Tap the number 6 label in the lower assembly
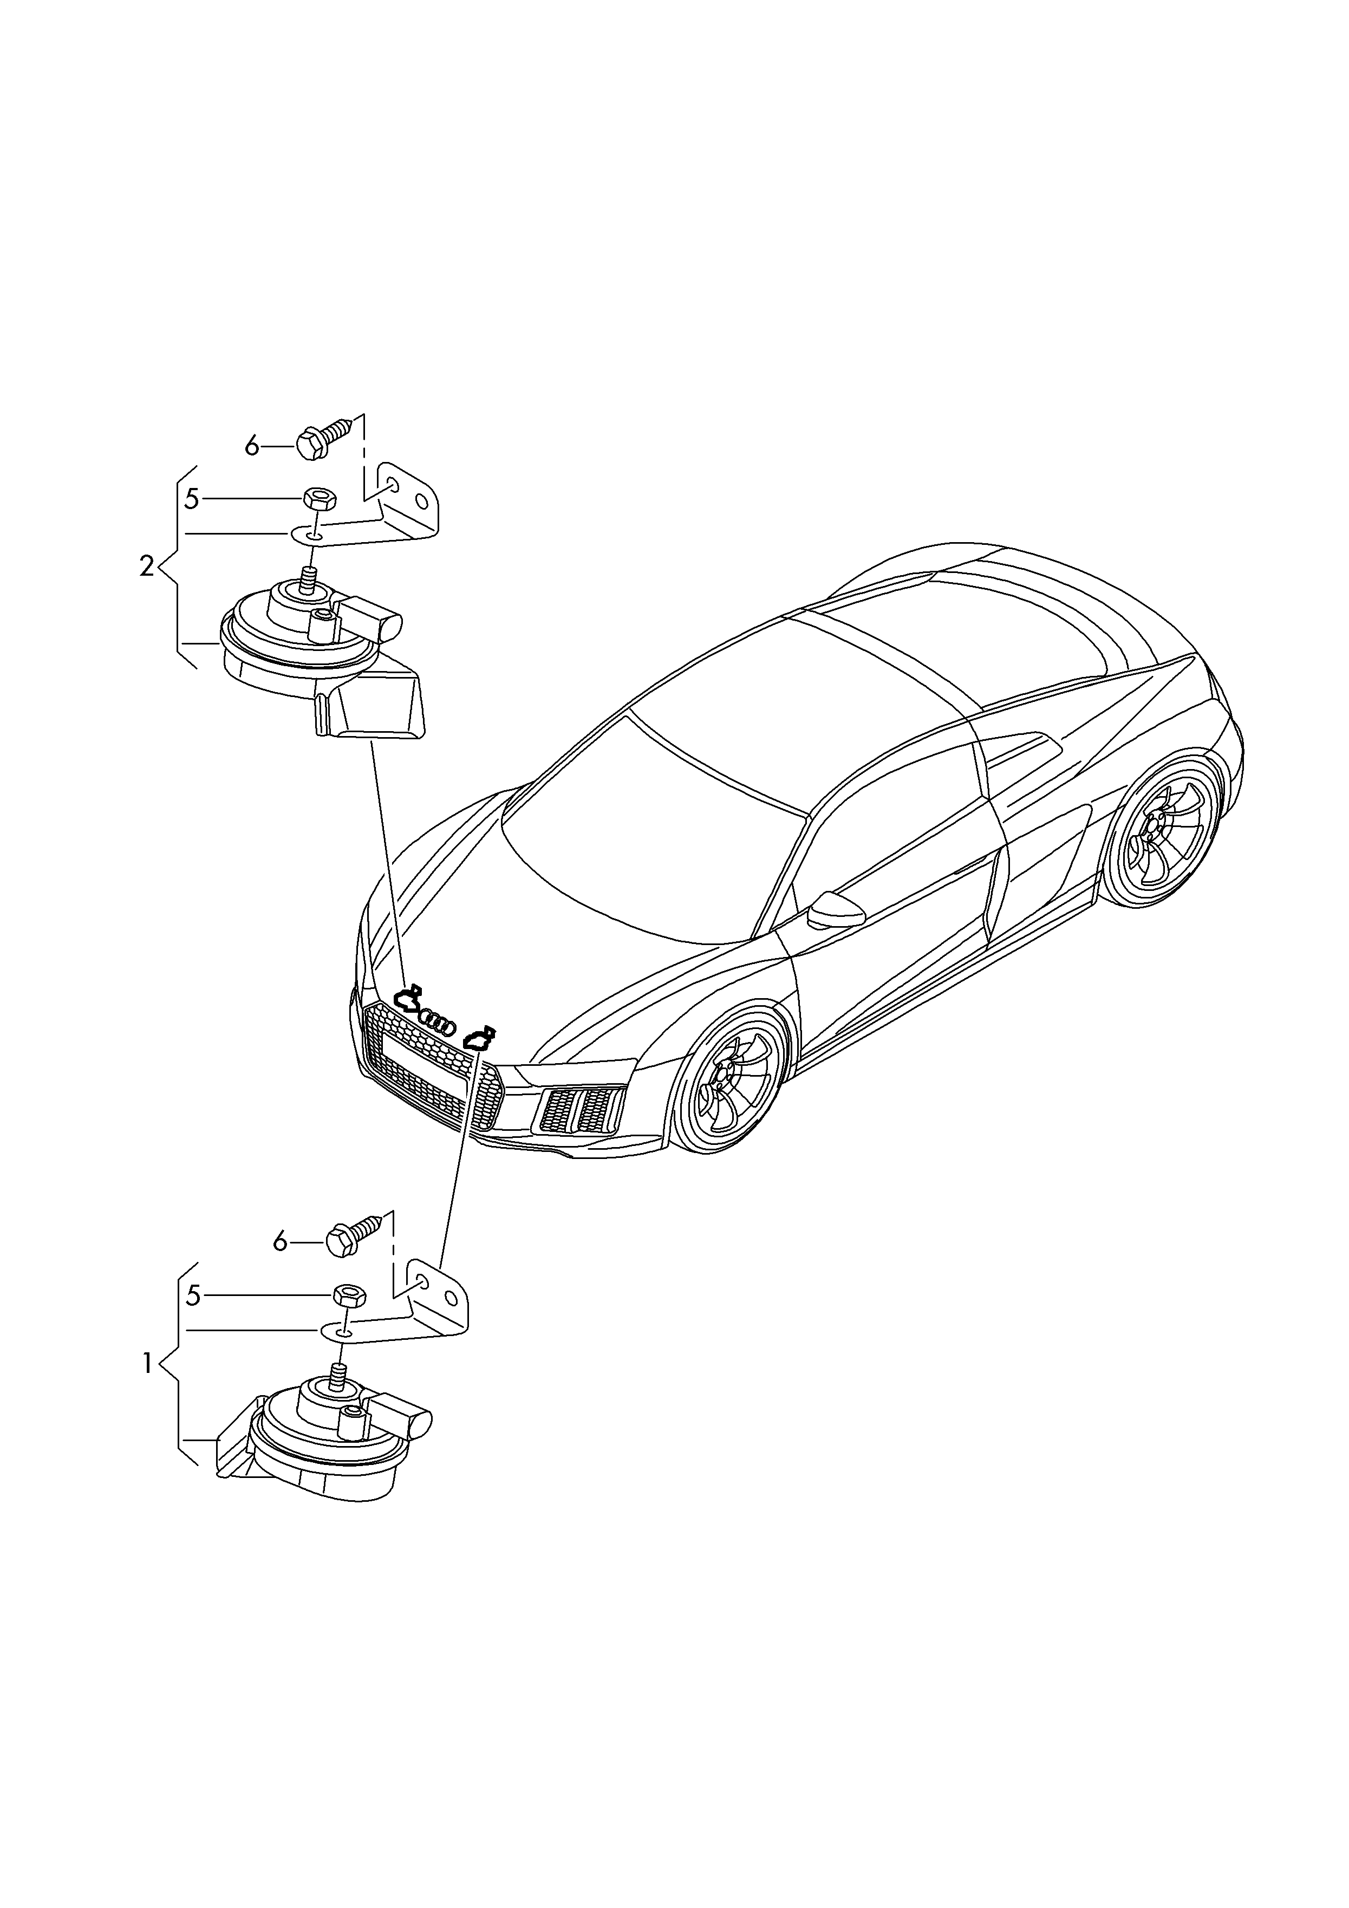click(280, 1266)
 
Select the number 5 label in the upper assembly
click(192, 499)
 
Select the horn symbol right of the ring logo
click(480, 1038)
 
